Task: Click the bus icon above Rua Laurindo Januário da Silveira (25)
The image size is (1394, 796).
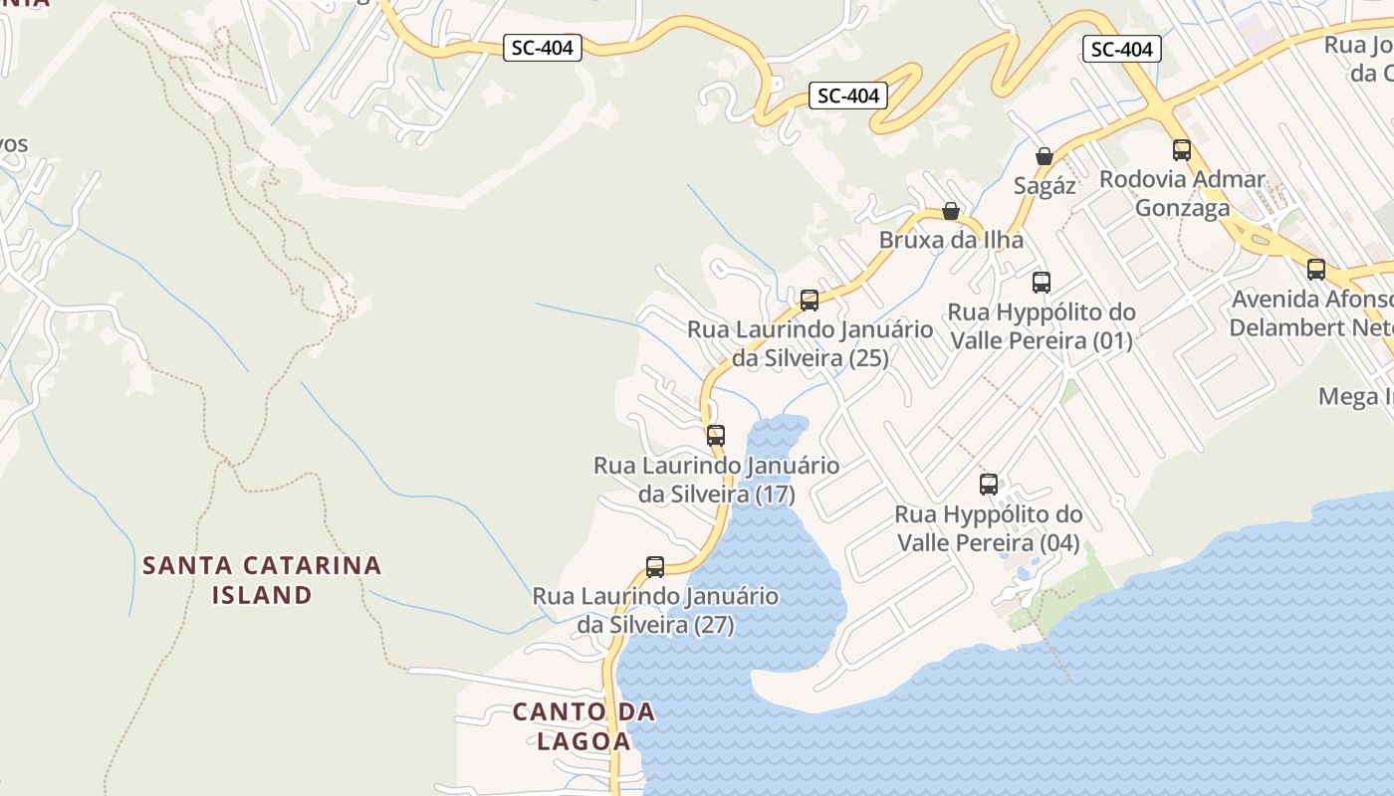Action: [x=810, y=299]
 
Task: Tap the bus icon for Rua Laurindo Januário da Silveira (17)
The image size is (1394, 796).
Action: [x=716, y=435]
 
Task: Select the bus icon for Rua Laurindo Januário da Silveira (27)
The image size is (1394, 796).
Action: [x=655, y=567]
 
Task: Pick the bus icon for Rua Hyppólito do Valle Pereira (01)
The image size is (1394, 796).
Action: [x=1042, y=282]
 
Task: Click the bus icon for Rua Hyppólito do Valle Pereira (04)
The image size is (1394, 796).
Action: [x=989, y=485]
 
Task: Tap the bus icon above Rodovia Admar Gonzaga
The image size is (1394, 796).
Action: [x=1182, y=150]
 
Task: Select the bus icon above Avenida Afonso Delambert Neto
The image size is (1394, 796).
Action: [x=1316, y=269]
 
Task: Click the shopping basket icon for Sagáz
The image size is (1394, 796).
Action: [x=1045, y=156]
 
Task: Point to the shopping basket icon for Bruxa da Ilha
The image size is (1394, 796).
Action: [x=951, y=211]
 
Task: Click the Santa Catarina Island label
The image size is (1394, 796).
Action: [x=262, y=580]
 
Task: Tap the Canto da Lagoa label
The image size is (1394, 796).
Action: [x=583, y=726]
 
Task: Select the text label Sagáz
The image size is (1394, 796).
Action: [x=1045, y=185]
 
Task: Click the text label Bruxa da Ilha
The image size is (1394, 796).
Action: [x=951, y=240]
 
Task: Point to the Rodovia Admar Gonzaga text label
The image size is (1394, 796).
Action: [x=1182, y=194]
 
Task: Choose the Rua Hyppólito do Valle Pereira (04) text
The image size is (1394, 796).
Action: [x=989, y=528]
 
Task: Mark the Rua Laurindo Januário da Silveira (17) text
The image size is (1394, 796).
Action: [x=716, y=480]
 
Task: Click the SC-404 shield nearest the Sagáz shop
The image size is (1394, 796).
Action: [x=1121, y=49]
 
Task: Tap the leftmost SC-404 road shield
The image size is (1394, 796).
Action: [x=542, y=47]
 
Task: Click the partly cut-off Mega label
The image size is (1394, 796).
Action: [x=1355, y=396]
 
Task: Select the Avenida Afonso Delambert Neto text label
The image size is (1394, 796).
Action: [x=1311, y=313]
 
